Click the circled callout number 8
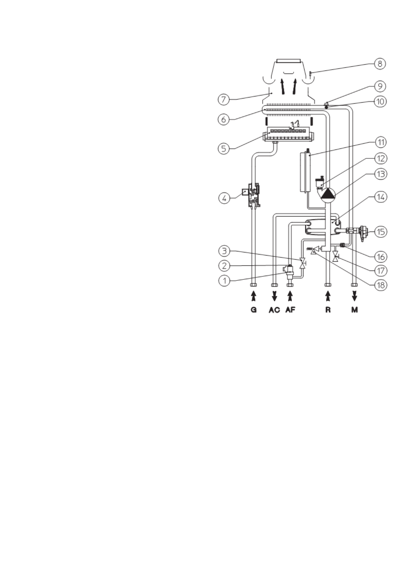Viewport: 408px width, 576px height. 380,64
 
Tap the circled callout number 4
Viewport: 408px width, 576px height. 224,198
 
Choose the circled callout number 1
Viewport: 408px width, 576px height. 224,280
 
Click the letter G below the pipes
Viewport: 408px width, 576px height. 254,310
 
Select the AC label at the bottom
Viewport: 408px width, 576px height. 274,310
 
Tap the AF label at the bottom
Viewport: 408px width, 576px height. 290,310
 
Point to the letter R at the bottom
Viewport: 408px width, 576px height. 328,310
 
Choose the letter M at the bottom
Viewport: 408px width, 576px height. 355,310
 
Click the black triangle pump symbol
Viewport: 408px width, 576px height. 328,194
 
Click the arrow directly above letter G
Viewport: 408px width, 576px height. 254,296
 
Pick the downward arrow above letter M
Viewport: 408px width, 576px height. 355,296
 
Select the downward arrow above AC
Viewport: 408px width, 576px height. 274,296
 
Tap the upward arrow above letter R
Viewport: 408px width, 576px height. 328,296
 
